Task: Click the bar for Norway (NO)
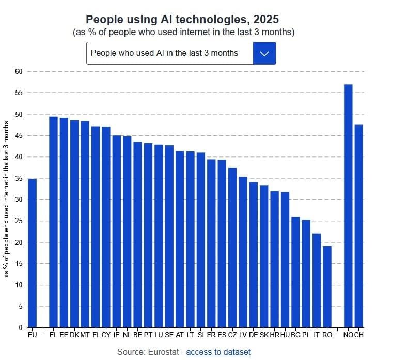click(348, 207)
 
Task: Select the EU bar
click(32, 253)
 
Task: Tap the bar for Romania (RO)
click(327, 287)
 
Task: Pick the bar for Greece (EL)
click(53, 222)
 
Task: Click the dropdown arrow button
click(264, 53)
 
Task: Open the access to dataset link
click(218, 352)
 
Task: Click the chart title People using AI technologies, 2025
click(182, 19)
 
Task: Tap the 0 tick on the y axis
click(21, 327)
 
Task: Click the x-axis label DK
click(74, 335)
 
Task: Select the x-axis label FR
click(211, 335)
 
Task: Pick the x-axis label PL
click(306, 335)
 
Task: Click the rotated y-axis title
click(7, 199)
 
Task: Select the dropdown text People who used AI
click(164, 53)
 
